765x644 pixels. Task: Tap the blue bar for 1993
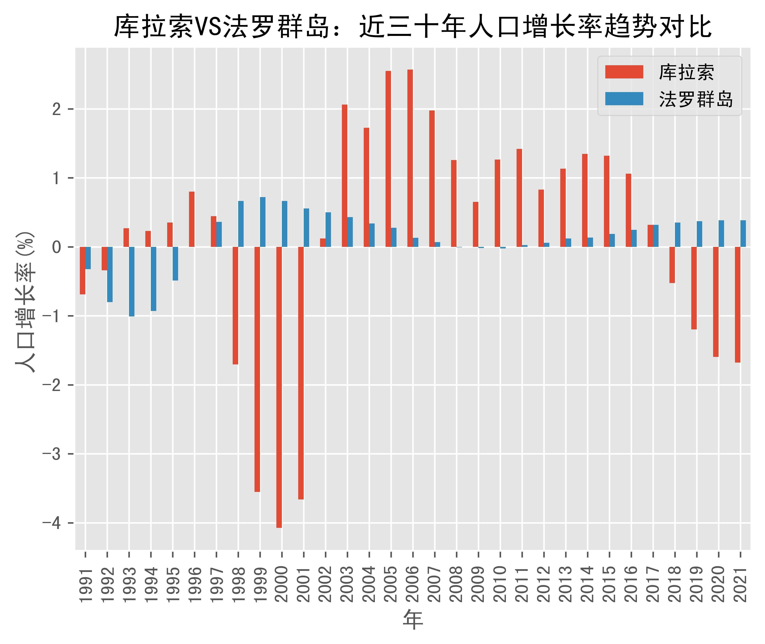pyautogui.click(x=131, y=281)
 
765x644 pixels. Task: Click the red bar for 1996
pyautogui.click(x=192, y=219)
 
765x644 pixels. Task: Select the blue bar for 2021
pyautogui.click(x=743, y=234)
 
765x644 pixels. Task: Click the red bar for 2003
pyautogui.click(x=344, y=175)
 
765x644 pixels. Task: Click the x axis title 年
pyautogui.click(x=413, y=619)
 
